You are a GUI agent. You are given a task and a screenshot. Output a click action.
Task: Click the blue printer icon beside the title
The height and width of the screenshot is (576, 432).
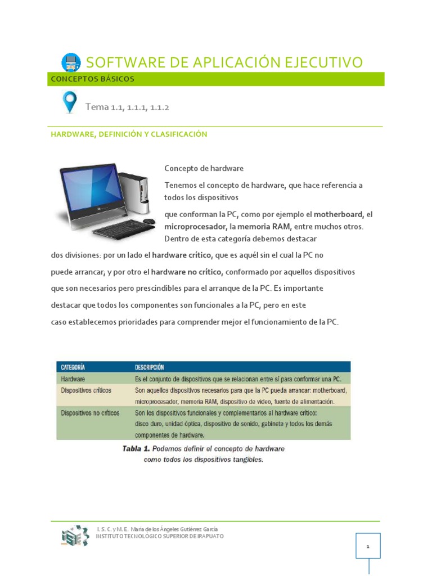[70, 62]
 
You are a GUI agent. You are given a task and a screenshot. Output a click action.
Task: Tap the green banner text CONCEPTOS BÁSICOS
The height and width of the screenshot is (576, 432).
[93, 79]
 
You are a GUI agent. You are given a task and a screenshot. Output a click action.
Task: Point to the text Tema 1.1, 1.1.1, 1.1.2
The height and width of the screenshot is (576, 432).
[127, 107]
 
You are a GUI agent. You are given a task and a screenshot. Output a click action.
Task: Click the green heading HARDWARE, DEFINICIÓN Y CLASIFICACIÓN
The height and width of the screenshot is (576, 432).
[129, 134]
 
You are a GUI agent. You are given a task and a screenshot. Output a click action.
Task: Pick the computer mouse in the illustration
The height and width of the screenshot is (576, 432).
[148, 221]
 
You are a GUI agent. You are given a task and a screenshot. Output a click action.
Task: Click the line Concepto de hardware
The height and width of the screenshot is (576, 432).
[204, 169]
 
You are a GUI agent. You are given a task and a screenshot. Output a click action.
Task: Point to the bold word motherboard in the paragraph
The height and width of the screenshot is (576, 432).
[339, 214]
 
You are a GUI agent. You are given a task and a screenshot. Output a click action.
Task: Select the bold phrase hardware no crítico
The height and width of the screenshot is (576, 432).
[187, 272]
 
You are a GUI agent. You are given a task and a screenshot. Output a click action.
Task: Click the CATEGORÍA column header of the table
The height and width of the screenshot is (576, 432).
[73, 367]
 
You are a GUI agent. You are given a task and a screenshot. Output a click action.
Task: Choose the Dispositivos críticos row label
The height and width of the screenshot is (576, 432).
[86, 390]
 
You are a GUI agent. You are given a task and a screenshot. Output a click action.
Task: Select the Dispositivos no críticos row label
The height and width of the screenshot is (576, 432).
[90, 413]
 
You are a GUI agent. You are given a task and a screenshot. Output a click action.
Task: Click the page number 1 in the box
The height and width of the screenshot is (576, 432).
[368, 546]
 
